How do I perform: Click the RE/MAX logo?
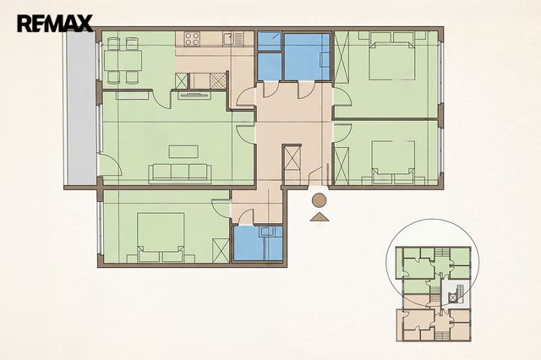pos(55,23)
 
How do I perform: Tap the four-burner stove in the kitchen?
pos(192,39)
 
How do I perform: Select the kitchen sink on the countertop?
pos(228,38)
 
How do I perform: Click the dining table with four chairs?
pos(123,61)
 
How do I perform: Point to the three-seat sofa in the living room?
pos(180,174)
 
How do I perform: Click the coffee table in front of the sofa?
pos(183,152)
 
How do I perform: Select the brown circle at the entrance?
pos(319,200)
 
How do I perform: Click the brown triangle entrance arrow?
pos(320,217)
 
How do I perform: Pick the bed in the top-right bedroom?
pos(391,61)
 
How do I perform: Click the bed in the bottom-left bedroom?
pos(161,234)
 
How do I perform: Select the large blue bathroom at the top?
pos(306,57)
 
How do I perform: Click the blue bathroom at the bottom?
pos(258,243)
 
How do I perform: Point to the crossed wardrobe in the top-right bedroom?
pos(342,57)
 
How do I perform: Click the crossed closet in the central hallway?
pos(292,157)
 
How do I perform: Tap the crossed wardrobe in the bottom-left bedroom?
pos(221,250)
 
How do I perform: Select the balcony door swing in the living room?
pos(111,164)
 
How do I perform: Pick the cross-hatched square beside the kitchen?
pos(218,80)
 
